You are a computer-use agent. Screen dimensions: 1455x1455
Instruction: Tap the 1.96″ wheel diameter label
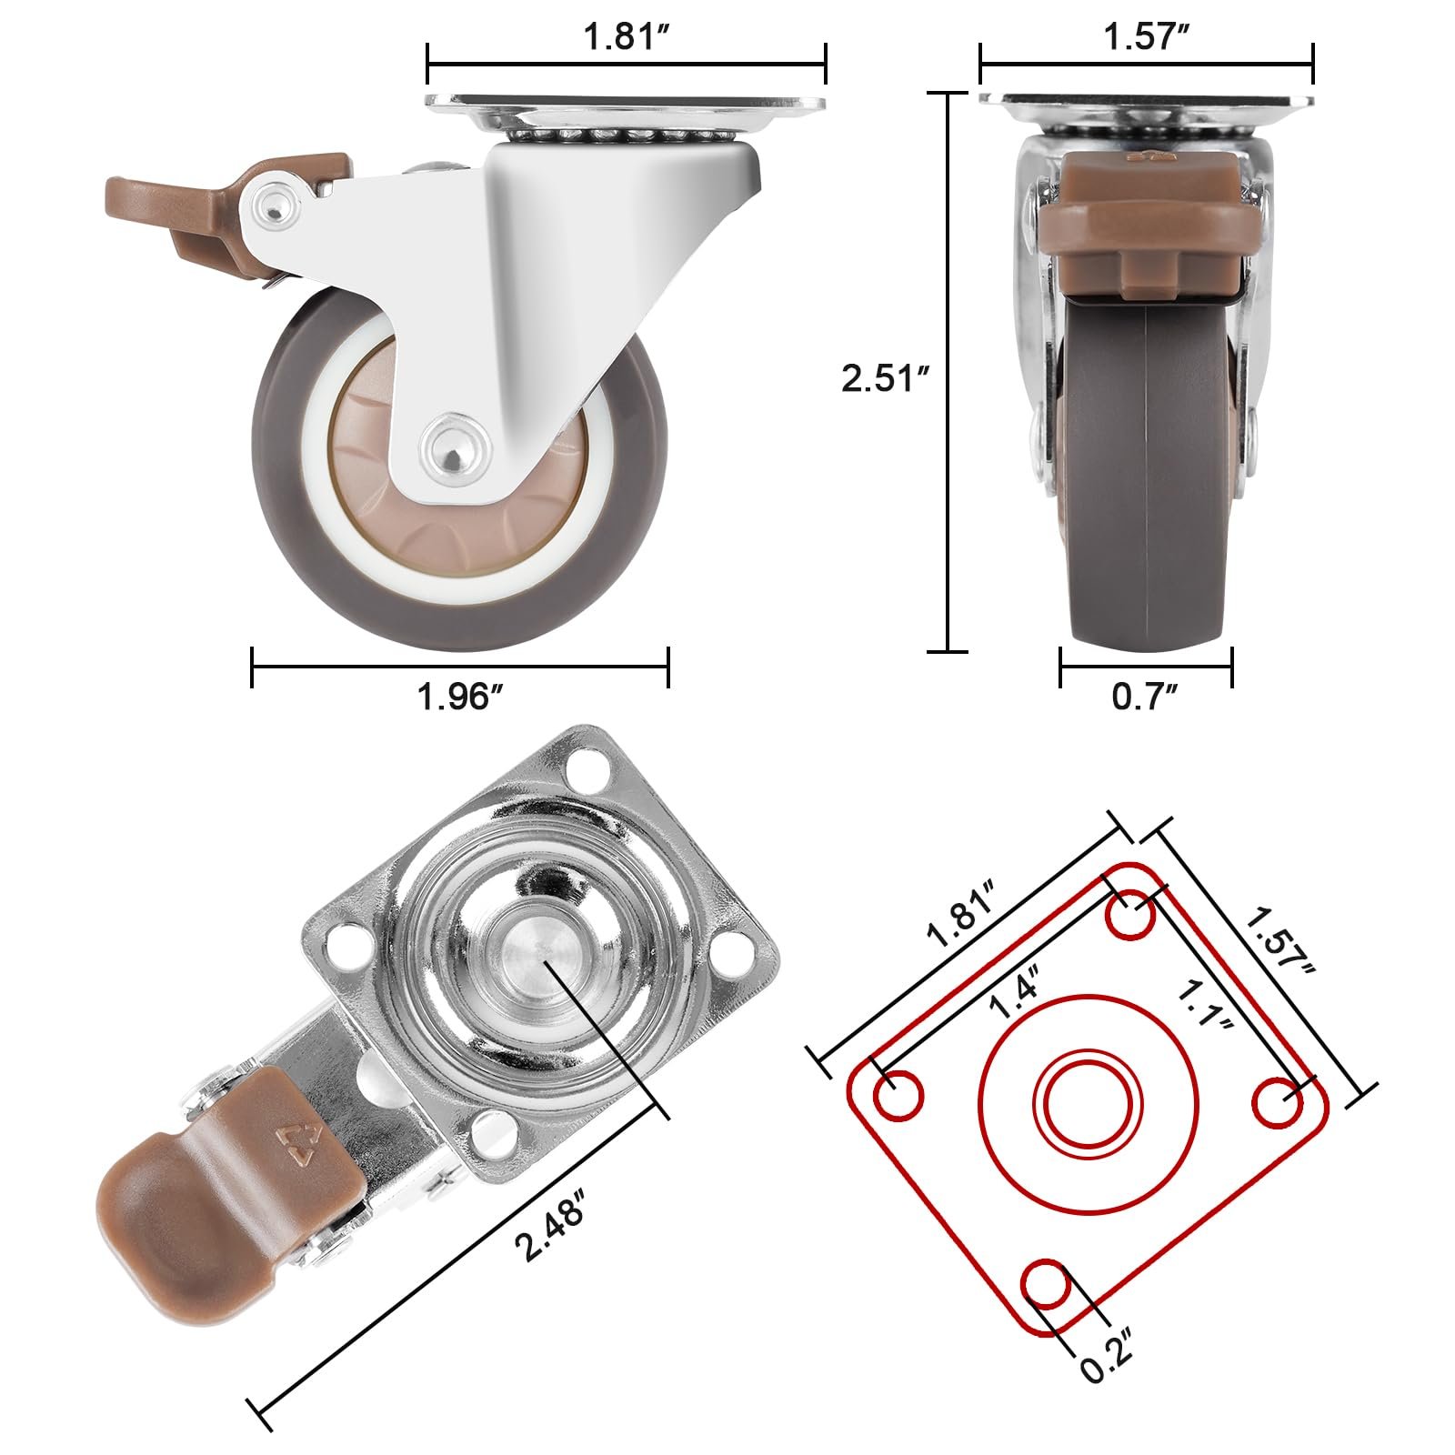[x=460, y=697]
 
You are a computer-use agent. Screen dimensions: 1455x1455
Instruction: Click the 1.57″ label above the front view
[x=1147, y=37]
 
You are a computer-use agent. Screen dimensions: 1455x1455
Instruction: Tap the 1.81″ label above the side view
[x=627, y=37]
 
